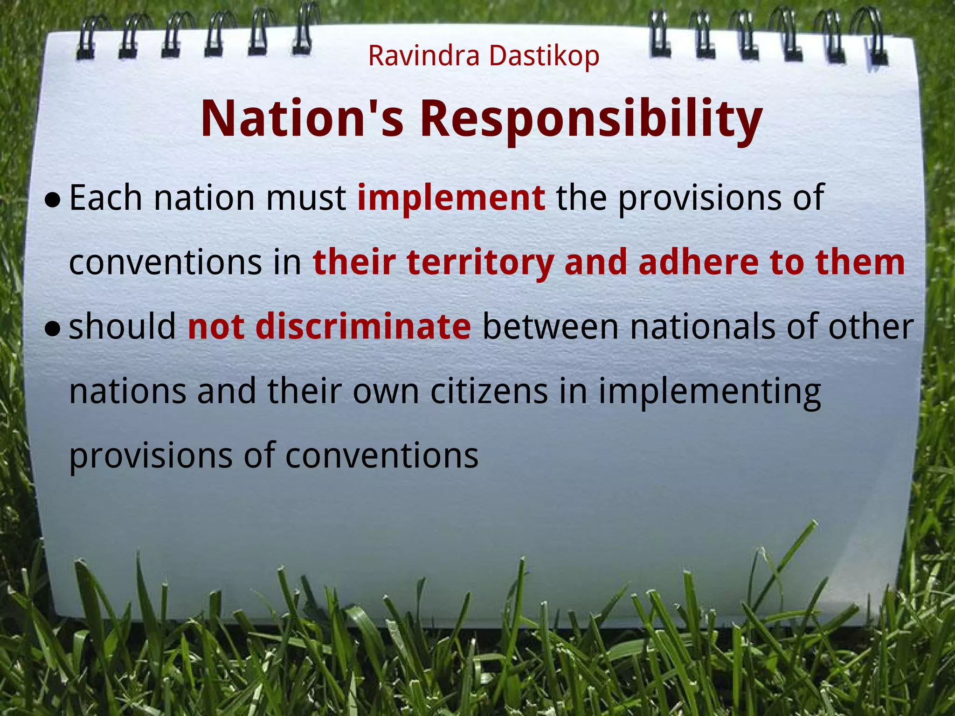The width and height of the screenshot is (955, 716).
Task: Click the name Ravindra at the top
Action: [423, 56]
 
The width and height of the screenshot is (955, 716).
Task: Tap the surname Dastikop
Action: [544, 57]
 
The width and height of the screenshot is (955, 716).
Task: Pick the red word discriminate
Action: [363, 327]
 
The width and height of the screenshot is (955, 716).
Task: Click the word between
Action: [550, 327]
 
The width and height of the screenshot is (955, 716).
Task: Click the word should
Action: [122, 327]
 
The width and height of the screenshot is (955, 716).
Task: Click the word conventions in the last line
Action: [381, 455]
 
